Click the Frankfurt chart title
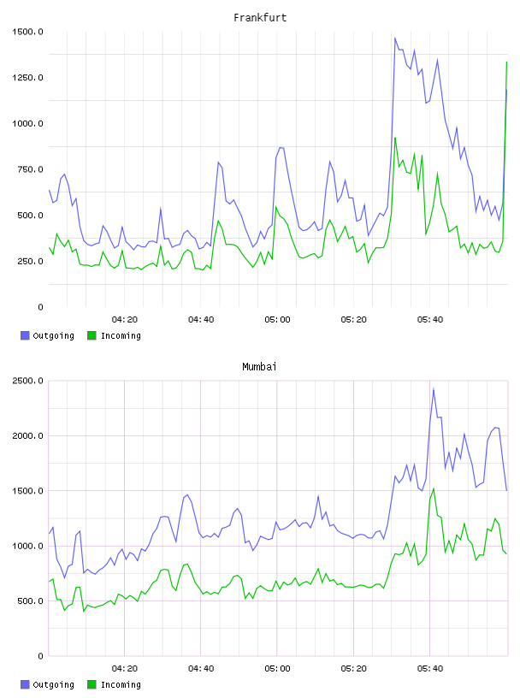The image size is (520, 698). point(260,18)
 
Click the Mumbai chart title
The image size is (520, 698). point(259,367)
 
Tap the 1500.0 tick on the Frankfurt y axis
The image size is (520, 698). point(27,32)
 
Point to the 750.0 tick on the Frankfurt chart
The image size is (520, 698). point(30,169)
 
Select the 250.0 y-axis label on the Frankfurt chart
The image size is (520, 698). point(30,261)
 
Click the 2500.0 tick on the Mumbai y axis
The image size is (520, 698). point(27,381)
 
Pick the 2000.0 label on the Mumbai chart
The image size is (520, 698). point(27,435)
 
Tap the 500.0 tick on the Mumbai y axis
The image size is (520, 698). point(30,601)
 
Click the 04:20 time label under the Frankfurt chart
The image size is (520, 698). point(125,320)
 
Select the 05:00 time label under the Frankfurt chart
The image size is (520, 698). point(277,320)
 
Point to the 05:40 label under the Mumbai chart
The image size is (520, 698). point(430,669)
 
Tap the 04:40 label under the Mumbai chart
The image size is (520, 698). point(201,669)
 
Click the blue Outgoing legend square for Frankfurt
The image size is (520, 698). point(25,335)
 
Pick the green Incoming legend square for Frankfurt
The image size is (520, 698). point(92,335)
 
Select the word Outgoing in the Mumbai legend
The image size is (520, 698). point(53,684)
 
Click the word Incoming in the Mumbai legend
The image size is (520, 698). point(121,684)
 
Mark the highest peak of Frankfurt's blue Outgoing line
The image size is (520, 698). point(395,38)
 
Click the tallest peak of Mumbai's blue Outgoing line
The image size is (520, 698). point(434,389)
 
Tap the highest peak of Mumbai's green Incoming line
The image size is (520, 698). point(434,488)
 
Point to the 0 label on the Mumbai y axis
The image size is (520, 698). point(40,656)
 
